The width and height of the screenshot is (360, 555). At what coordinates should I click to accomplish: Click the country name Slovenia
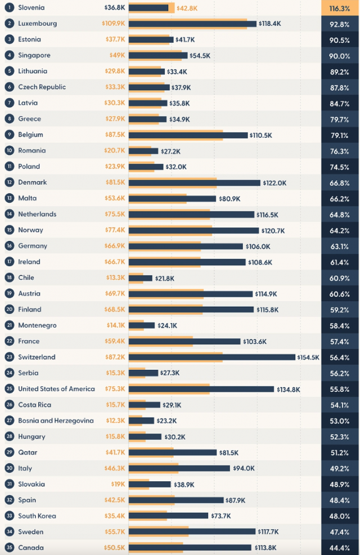click(31, 7)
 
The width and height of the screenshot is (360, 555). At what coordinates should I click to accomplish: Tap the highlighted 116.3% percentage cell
click(340, 8)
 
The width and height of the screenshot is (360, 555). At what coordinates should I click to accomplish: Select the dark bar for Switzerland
click(212, 357)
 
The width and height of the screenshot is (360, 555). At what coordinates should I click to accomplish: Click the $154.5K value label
click(308, 357)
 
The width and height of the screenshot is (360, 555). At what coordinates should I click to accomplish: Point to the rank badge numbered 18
click(10, 277)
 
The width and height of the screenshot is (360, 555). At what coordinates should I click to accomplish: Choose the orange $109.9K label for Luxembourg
click(114, 24)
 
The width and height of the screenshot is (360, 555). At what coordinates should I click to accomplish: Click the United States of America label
click(57, 388)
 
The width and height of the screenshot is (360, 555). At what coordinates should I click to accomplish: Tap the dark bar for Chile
click(141, 278)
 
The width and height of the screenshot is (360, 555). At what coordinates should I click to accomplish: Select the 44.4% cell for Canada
click(340, 548)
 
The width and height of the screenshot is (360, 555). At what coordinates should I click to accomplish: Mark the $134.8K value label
click(288, 390)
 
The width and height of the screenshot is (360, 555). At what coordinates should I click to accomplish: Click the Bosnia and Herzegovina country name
click(56, 420)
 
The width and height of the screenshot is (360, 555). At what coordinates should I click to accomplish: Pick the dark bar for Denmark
click(195, 182)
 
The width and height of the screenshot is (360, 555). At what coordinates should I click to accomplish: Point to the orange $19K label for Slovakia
click(118, 484)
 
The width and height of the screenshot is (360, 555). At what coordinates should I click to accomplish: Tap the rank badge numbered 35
click(10, 548)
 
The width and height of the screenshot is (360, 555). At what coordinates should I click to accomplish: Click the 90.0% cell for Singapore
click(340, 56)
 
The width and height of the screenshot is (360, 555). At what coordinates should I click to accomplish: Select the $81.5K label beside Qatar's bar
click(229, 453)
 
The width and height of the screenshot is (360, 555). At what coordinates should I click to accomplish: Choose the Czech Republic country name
click(42, 87)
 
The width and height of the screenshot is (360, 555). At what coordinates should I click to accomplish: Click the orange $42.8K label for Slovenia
click(187, 8)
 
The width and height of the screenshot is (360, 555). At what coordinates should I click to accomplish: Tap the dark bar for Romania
click(143, 151)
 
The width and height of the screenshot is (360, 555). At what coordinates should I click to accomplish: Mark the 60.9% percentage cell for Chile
click(340, 278)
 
